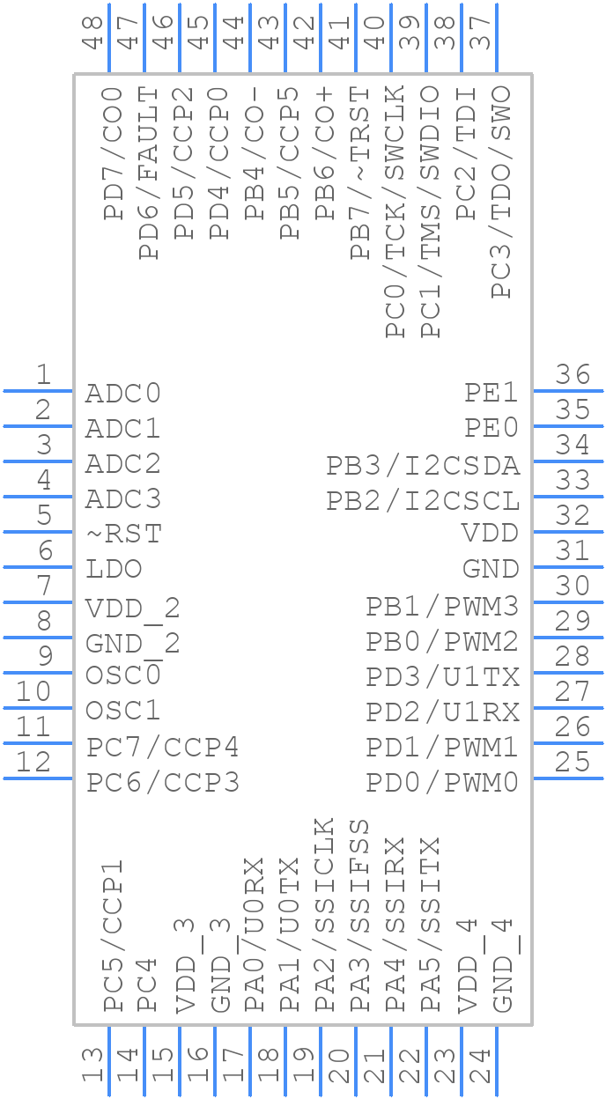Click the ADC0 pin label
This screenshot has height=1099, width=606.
coord(123,393)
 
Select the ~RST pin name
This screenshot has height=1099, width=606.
coord(123,534)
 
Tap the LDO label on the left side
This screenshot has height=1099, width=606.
coord(114,569)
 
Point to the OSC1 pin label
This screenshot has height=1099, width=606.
coord(123,710)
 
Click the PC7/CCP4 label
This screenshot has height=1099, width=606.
coord(163,748)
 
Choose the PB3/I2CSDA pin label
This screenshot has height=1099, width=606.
coord(423,465)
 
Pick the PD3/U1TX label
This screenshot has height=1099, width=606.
coord(443,677)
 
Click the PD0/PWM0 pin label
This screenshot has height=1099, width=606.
coord(443,782)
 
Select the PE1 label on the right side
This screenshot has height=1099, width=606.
coord(491,393)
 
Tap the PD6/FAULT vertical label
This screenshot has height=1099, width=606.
coord(150,173)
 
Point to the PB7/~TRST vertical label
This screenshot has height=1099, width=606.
coord(361,173)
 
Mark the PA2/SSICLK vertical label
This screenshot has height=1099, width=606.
coord(325,915)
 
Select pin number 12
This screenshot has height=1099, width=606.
coord(34,762)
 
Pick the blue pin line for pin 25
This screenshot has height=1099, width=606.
coord(568,778)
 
